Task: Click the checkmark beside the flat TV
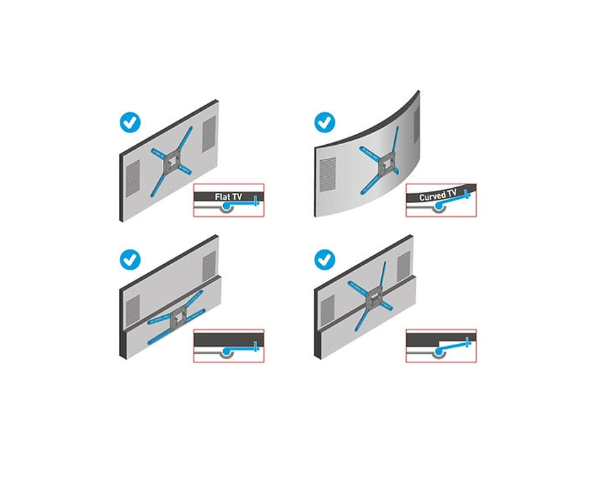tap(130, 123)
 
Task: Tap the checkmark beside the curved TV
tap(324, 123)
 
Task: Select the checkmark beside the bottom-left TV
tap(130, 259)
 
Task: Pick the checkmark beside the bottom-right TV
tap(324, 260)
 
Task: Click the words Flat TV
tap(229, 197)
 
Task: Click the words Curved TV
tap(437, 196)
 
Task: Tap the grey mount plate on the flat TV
tap(172, 162)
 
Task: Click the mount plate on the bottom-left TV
tap(178, 319)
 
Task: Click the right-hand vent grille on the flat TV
tap(209, 133)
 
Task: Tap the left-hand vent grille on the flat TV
tap(132, 178)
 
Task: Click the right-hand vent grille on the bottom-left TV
tap(209, 267)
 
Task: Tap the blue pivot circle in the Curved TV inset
tap(439, 206)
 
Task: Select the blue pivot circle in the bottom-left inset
tap(227, 352)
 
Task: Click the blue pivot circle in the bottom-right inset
tap(439, 352)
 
